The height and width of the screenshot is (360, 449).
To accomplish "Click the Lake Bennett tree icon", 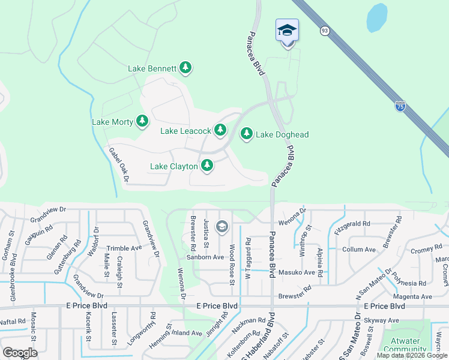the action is pyautogui.click(x=186, y=68).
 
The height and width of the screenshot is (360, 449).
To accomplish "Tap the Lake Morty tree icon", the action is pyautogui.click(x=142, y=122).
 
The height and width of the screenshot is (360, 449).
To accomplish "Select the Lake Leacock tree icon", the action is pyautogui.click(x=220, y=130).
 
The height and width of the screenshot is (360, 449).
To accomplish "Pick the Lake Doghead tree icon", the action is pyautogui.click(x=246, y=134).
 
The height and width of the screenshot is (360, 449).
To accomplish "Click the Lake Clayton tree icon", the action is pyautogui.click(x=207, y=165).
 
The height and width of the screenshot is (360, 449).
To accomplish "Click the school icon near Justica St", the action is pyautogui.click(x=222, y=226).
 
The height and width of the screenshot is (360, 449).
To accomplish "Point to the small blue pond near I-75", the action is pyautogui.click(x=376, y=18).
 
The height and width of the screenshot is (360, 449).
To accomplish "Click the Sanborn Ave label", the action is pyautogui.click(x=205, y=257).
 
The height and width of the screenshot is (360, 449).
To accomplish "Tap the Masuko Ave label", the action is pyautogui.click(x=297, y=272).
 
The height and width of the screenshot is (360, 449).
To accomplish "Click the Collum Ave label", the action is pyautogui.click(x=358, y=250).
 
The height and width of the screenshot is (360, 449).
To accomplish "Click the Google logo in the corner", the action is pyautogui.click(x=20, y=352).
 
